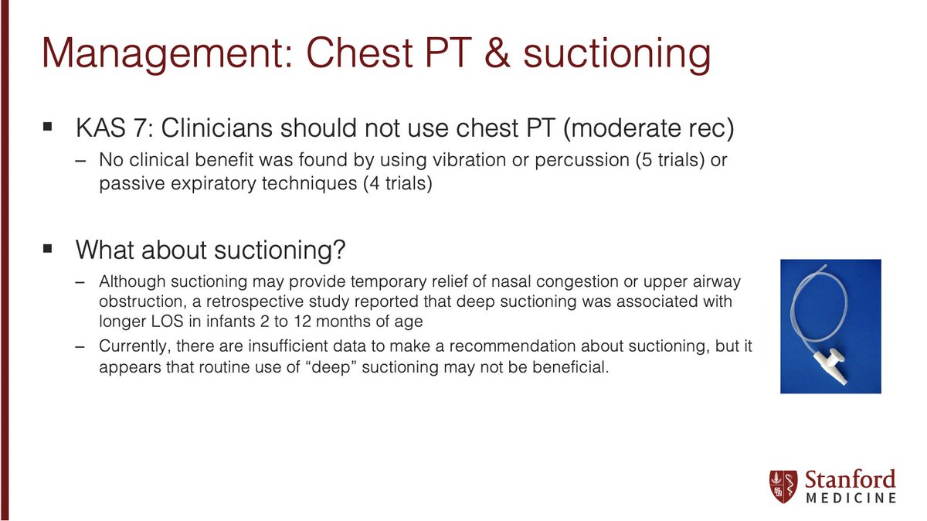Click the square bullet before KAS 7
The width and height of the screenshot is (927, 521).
point(48,124)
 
